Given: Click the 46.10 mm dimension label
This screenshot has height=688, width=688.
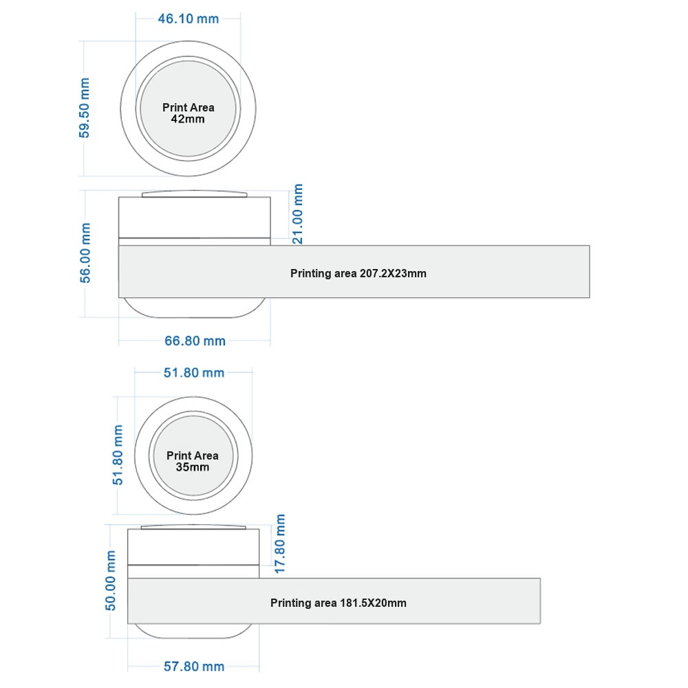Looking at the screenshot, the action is (189, 19).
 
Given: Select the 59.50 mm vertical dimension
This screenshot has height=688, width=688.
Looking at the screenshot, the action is (84, 108).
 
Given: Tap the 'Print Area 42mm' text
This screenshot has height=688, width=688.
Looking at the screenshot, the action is (189, 114).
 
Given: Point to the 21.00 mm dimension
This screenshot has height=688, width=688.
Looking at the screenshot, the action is (297, 214).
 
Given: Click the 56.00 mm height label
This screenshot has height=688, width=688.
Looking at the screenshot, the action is (85, 253).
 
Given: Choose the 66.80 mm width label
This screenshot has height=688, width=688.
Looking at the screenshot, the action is (195, 341).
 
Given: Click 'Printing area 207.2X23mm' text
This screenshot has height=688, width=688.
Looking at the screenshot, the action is (358, 273).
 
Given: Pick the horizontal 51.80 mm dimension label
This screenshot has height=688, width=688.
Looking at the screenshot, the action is (194, 373).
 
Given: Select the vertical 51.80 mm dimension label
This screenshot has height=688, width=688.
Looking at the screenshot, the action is (118, 455).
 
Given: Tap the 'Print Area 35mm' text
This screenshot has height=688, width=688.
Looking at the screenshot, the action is (193, 461).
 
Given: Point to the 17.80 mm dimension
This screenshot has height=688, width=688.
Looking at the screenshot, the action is (280, 544).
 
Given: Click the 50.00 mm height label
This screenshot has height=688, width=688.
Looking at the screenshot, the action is (111, 581).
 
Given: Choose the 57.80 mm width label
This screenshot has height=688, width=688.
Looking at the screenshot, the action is (194, 667).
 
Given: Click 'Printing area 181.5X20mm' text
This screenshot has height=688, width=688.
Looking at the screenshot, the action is (338, 603).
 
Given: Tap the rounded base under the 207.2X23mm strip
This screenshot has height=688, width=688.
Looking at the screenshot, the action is (195, 312).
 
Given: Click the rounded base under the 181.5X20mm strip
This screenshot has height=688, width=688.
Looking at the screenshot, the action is (193, 634).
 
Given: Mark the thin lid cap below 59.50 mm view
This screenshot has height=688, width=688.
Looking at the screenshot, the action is (195, 193).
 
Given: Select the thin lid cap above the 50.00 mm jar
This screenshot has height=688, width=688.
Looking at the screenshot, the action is (193, 526).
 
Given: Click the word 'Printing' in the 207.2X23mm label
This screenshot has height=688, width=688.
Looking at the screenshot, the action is (311, 274).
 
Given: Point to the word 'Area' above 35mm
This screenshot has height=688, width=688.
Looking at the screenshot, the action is (206, 456).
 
